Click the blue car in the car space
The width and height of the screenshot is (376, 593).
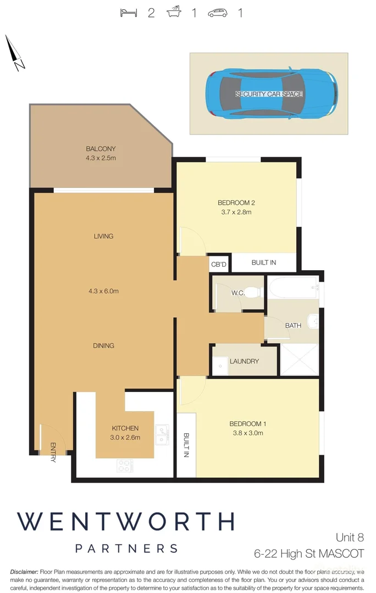(271, 94)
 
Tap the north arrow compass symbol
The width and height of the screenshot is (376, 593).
(15, 54)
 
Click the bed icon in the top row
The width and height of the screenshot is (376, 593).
(129, 13)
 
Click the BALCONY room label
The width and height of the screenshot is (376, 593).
(101, 149)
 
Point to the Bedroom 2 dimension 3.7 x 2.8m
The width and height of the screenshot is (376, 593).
(236, 212)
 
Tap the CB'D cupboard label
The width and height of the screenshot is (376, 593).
(219, 265)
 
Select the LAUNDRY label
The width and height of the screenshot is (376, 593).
(244, 361)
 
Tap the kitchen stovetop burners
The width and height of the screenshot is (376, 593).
(125, 466)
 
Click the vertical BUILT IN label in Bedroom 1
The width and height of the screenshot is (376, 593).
(186, 446)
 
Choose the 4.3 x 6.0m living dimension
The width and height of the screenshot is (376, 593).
(103, 291)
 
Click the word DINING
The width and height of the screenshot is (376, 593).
(103, 345)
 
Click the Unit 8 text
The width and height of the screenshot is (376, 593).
(350, 538)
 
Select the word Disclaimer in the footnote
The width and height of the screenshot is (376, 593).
(23, 572)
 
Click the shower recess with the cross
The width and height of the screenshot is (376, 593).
(300, 359)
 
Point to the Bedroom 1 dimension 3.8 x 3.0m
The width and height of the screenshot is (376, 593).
(246, 433)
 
